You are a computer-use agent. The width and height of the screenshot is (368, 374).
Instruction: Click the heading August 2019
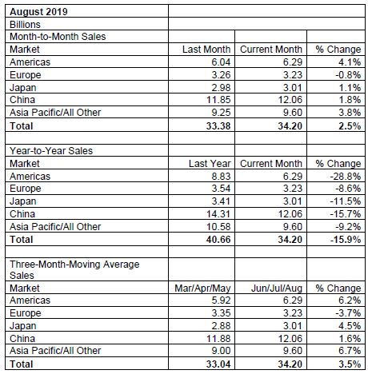tap(38, 12)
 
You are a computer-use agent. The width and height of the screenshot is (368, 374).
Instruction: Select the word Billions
tap(25, 25)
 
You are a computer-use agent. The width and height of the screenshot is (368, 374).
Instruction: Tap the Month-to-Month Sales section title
tap(58, 37)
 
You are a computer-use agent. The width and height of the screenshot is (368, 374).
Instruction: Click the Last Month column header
tap(206, 50)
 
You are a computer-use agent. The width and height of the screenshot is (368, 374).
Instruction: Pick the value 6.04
tap(221, 62)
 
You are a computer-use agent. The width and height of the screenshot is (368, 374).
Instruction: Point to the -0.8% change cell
tap(348, 75)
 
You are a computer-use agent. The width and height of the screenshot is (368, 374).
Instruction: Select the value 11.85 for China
tap(218, 100)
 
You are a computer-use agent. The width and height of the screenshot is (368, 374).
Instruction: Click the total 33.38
tap(218, 125)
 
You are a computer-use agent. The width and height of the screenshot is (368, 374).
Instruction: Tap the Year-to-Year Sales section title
tap(51, 151)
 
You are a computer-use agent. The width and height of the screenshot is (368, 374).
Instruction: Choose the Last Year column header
tap(210, 164)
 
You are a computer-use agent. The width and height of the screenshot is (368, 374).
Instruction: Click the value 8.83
tap(221, 177)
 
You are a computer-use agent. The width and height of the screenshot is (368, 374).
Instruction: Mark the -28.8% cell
tap(346, 177)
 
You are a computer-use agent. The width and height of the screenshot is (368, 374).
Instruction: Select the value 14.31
tap(218, 214)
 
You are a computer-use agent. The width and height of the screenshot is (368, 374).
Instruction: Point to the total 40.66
tap(218, 239)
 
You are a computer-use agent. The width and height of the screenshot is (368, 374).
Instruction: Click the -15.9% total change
tap(346, 239)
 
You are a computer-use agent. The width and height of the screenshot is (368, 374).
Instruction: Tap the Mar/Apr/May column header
tap(202, 288)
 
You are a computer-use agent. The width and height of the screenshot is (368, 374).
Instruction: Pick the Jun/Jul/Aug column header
tap(277, 288)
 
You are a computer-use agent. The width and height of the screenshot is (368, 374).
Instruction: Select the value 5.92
tap(221, 300)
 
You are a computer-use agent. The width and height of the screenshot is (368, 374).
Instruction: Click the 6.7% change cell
tap(350, 351)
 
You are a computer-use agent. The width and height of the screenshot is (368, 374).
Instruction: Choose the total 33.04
tap(218, 364)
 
